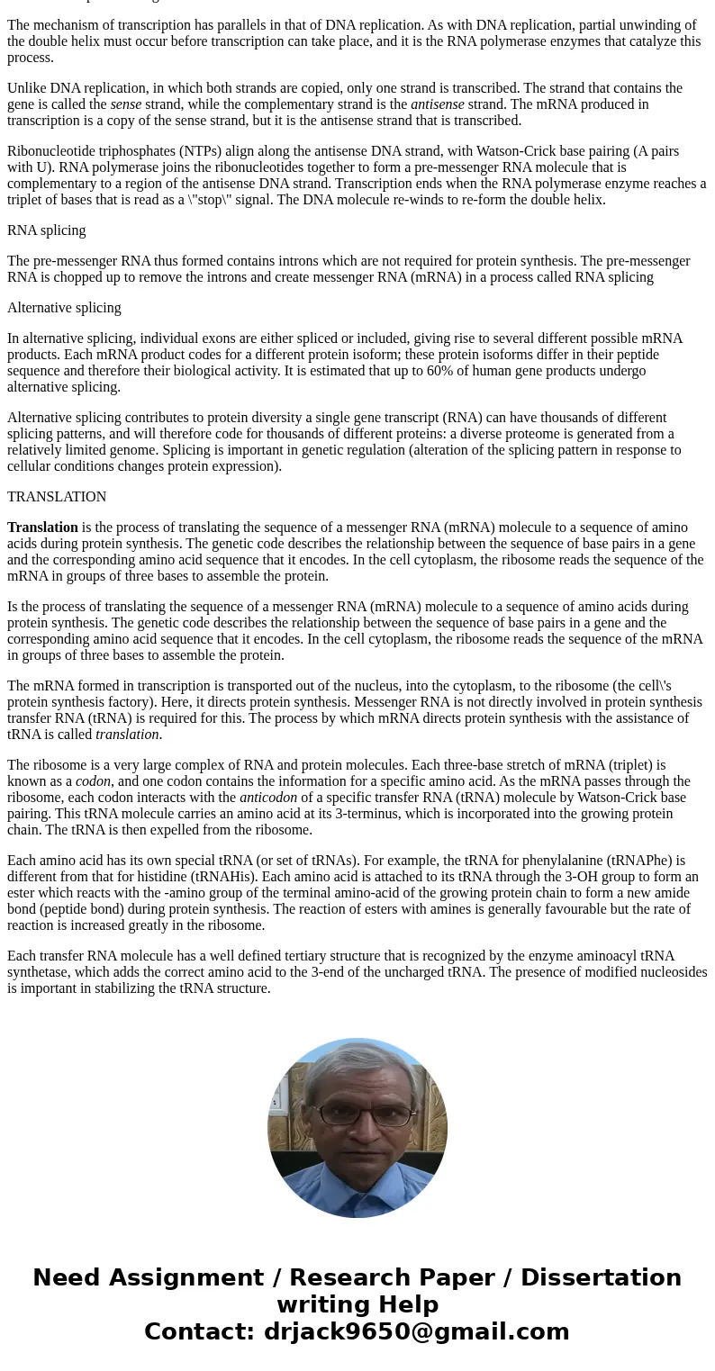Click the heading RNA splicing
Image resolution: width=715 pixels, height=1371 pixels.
47,230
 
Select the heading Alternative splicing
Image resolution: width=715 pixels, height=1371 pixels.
64,308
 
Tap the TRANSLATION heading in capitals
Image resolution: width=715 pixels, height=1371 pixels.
57,497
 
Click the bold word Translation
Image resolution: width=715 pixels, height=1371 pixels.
42,528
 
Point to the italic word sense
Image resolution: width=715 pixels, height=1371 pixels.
126,104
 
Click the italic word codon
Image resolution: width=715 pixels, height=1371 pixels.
93,781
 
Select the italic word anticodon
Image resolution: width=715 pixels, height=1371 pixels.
267,798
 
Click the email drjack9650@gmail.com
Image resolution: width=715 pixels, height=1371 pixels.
416,1331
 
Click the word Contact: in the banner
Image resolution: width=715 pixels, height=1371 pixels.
200,1331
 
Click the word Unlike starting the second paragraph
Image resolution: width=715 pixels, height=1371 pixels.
27,88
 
